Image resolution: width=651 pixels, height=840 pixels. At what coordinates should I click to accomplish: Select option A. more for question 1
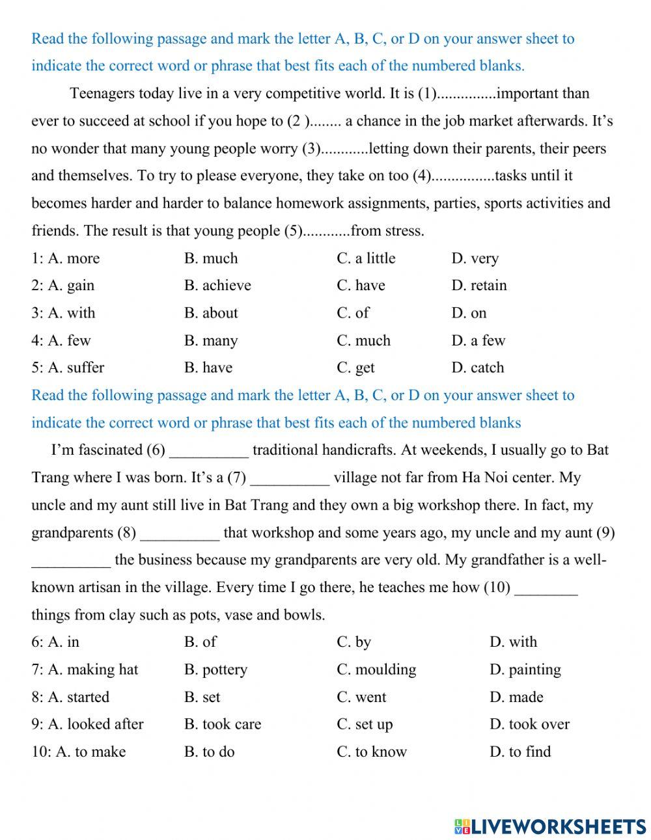click(x=74, y=258)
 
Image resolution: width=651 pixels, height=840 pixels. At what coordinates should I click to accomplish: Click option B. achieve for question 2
click(x=217, y=286)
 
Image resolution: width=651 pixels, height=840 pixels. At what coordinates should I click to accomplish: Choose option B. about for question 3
click(x=211, y=313)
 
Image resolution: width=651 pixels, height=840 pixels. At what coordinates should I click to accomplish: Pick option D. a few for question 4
click(x=478, y=340)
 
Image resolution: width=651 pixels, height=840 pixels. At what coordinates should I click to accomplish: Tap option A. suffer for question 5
click(x=76, y=368)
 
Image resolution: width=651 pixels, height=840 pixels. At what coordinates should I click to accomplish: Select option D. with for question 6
click(x=513, y=642)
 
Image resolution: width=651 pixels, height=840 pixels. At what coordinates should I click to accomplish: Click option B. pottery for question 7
click(x=215, y=670)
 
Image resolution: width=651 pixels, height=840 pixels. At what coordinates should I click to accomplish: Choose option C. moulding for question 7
click(x=376, y=670)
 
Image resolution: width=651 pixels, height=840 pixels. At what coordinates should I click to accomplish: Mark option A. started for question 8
click(x=78, y=697)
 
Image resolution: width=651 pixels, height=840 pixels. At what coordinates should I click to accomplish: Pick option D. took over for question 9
click(x=529, y=724)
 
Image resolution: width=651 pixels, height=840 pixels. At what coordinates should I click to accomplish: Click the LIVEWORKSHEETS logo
click(x=550, y=826)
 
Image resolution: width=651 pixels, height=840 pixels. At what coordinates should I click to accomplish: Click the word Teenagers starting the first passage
click(x=102, y=94)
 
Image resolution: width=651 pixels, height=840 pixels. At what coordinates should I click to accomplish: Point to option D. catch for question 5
click(x=477, y=368)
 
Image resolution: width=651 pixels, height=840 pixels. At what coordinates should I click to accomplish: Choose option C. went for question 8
click(x=361, y=697)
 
